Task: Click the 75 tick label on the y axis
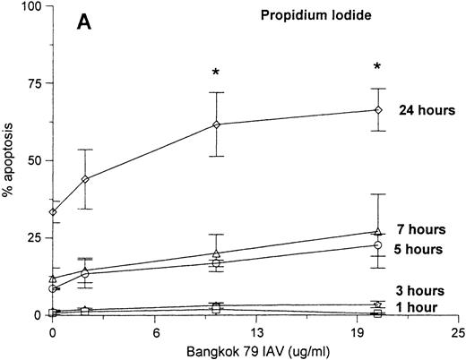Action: point(35,83)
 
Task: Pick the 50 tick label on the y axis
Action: point(35,161)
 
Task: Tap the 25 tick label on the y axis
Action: point(35,238)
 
